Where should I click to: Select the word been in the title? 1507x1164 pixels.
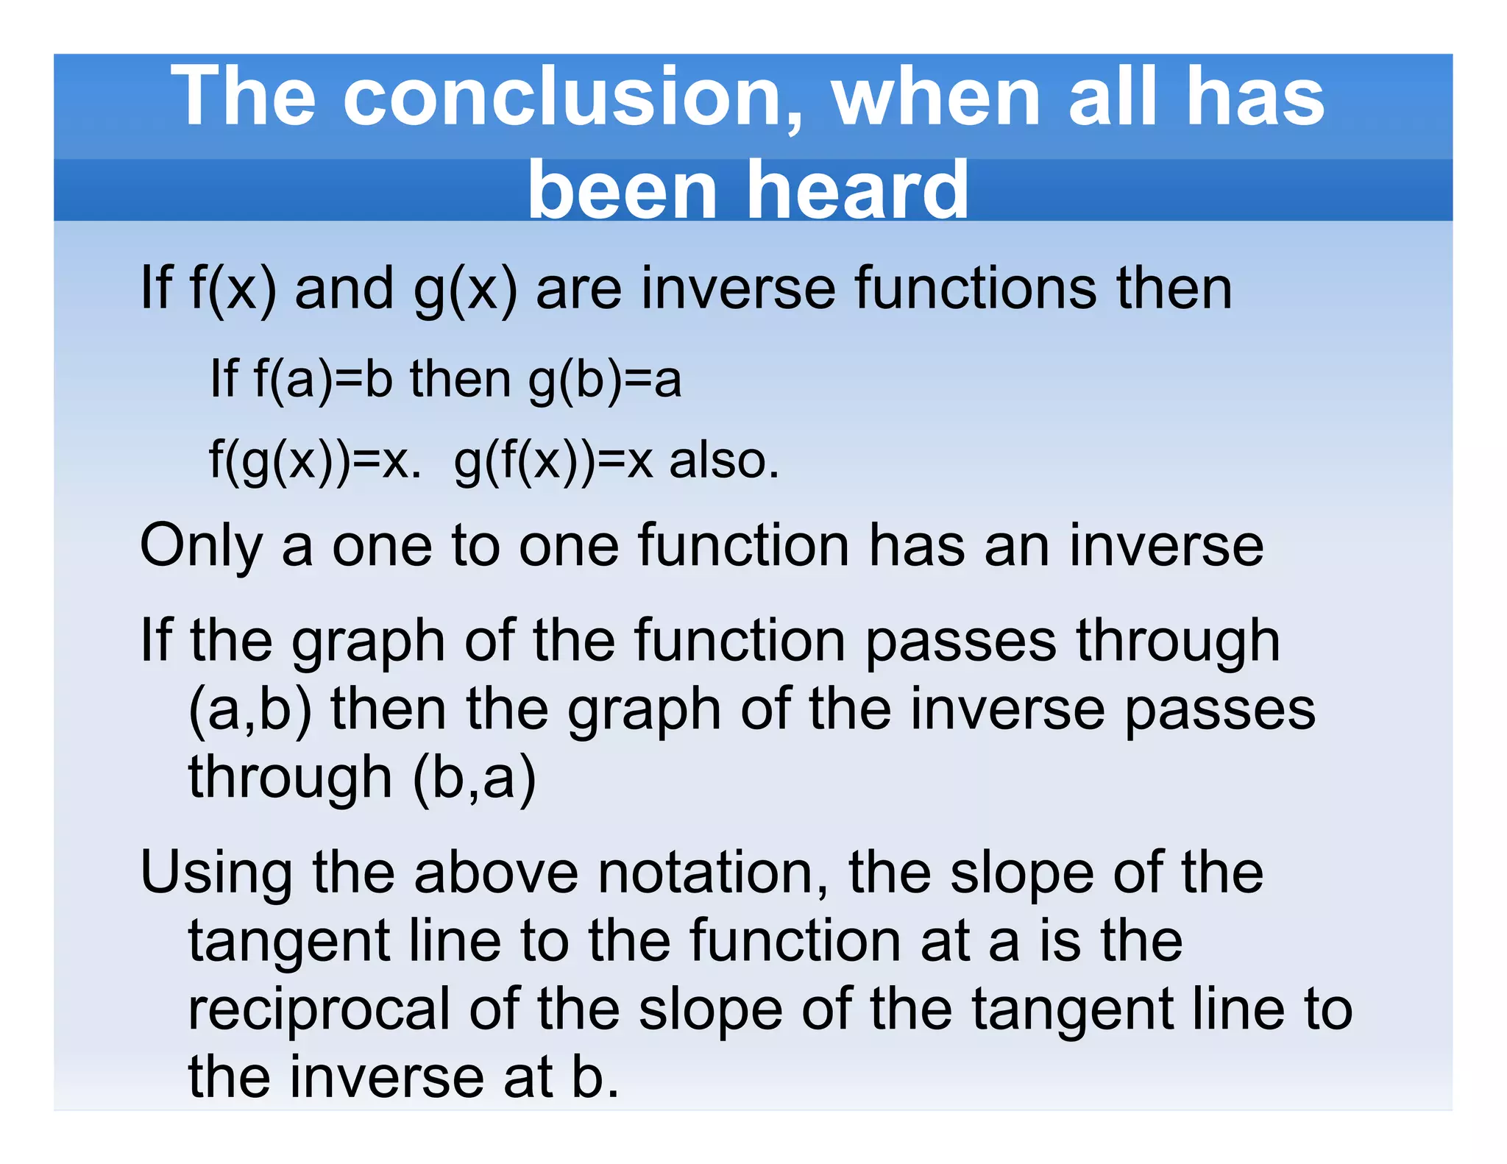(x=623, y=191)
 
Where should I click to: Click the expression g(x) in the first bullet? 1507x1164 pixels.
(x=466, y=289)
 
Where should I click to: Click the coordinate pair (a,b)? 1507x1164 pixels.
(x=250, y=711)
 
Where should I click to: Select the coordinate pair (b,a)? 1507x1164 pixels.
(x=475, y=778)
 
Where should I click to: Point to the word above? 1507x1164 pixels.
(x=496, y=873)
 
